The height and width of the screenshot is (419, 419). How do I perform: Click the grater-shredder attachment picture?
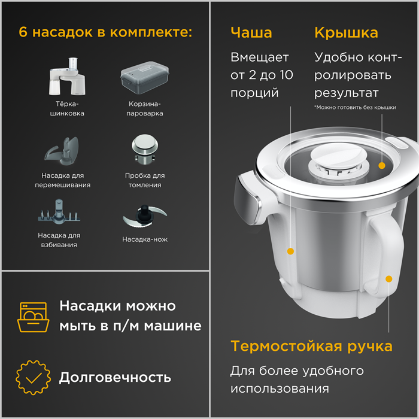[x=67, y=77]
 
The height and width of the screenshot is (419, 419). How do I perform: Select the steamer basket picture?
[x=145, y=78]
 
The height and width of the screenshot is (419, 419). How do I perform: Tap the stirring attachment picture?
[x=62, y=151]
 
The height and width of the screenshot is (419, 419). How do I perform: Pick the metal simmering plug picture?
[x=145, y=149]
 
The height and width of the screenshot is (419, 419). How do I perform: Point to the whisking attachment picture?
[x=59, y=212]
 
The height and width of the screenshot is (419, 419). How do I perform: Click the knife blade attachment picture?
[x=145, y=216]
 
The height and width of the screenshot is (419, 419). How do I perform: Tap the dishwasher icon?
[x=33, y=317]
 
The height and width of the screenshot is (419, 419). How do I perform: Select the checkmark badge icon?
[x=33, y=377]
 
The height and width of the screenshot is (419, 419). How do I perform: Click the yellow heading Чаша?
[x=251, y=32]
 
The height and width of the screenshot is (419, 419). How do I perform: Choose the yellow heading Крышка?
[x=347, y=33]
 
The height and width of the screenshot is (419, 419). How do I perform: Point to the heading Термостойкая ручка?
[x=312, y=347]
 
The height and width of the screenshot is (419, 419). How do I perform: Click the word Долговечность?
[x=115, y=378]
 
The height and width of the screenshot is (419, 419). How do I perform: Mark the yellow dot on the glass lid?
[x=382, y=166]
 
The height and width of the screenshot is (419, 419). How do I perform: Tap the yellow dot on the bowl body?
[x=290, y=251]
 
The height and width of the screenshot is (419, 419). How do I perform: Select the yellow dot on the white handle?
[x=389, y=279]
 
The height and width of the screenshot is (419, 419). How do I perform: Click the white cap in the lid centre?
[x=339, y=157]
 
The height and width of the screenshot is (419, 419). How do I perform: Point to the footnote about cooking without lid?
[x=355, y=107]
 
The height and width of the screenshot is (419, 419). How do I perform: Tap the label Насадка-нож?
[x=145, y=239]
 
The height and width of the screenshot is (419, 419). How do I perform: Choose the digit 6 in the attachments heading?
[x=23, y=32]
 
